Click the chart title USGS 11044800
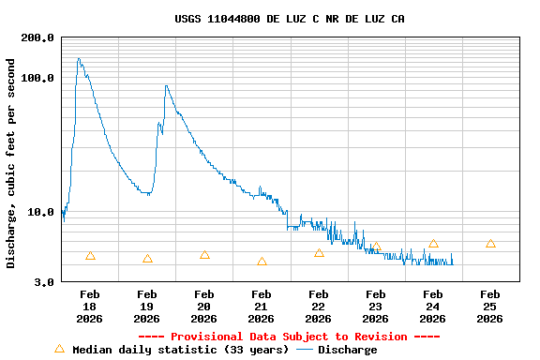point(290,19)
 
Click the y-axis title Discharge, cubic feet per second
point(11,163)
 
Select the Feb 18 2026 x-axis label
point(90,307)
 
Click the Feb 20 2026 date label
point(204,307)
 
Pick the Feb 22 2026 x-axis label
point(319,307)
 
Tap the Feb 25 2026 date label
point(490,307)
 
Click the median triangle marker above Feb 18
point(90,256)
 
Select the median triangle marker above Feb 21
point(262,262)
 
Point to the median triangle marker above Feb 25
point(490,244)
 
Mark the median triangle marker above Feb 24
point(433,244)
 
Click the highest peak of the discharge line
point(79,58)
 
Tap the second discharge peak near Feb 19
point(166,86)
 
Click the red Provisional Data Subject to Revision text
point(289,337)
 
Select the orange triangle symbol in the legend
point(60,349)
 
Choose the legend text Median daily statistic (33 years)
point(180,350)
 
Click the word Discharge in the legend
point(347,350)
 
